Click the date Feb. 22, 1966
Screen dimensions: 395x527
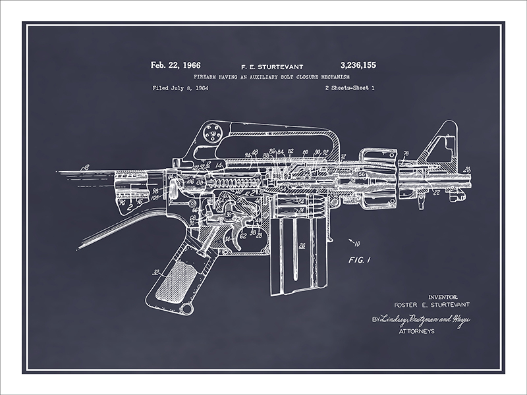coord(175,65)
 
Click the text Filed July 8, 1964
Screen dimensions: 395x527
coord(180,88)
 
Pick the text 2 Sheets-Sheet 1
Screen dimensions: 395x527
coord(350,88)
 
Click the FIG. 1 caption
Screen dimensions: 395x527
coord(360,259)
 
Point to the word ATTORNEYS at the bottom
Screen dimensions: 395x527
coord(417,331)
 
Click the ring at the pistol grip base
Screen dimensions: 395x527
coord(187,308)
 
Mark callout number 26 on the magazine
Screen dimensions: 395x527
coord(302,247)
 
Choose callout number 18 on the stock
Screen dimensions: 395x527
coord(84,169)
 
